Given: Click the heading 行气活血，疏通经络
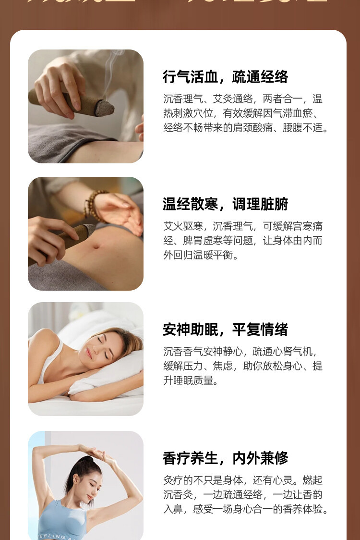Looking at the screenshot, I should (225, 77).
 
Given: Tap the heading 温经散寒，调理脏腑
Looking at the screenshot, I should (225, 204).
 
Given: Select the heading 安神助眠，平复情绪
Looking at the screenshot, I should (225, 330).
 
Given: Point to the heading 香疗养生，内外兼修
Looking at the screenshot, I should (225, 458).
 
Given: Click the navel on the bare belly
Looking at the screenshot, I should (96, 246).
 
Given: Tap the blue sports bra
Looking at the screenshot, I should (62, 521).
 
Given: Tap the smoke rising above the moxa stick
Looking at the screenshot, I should (113, 67).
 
